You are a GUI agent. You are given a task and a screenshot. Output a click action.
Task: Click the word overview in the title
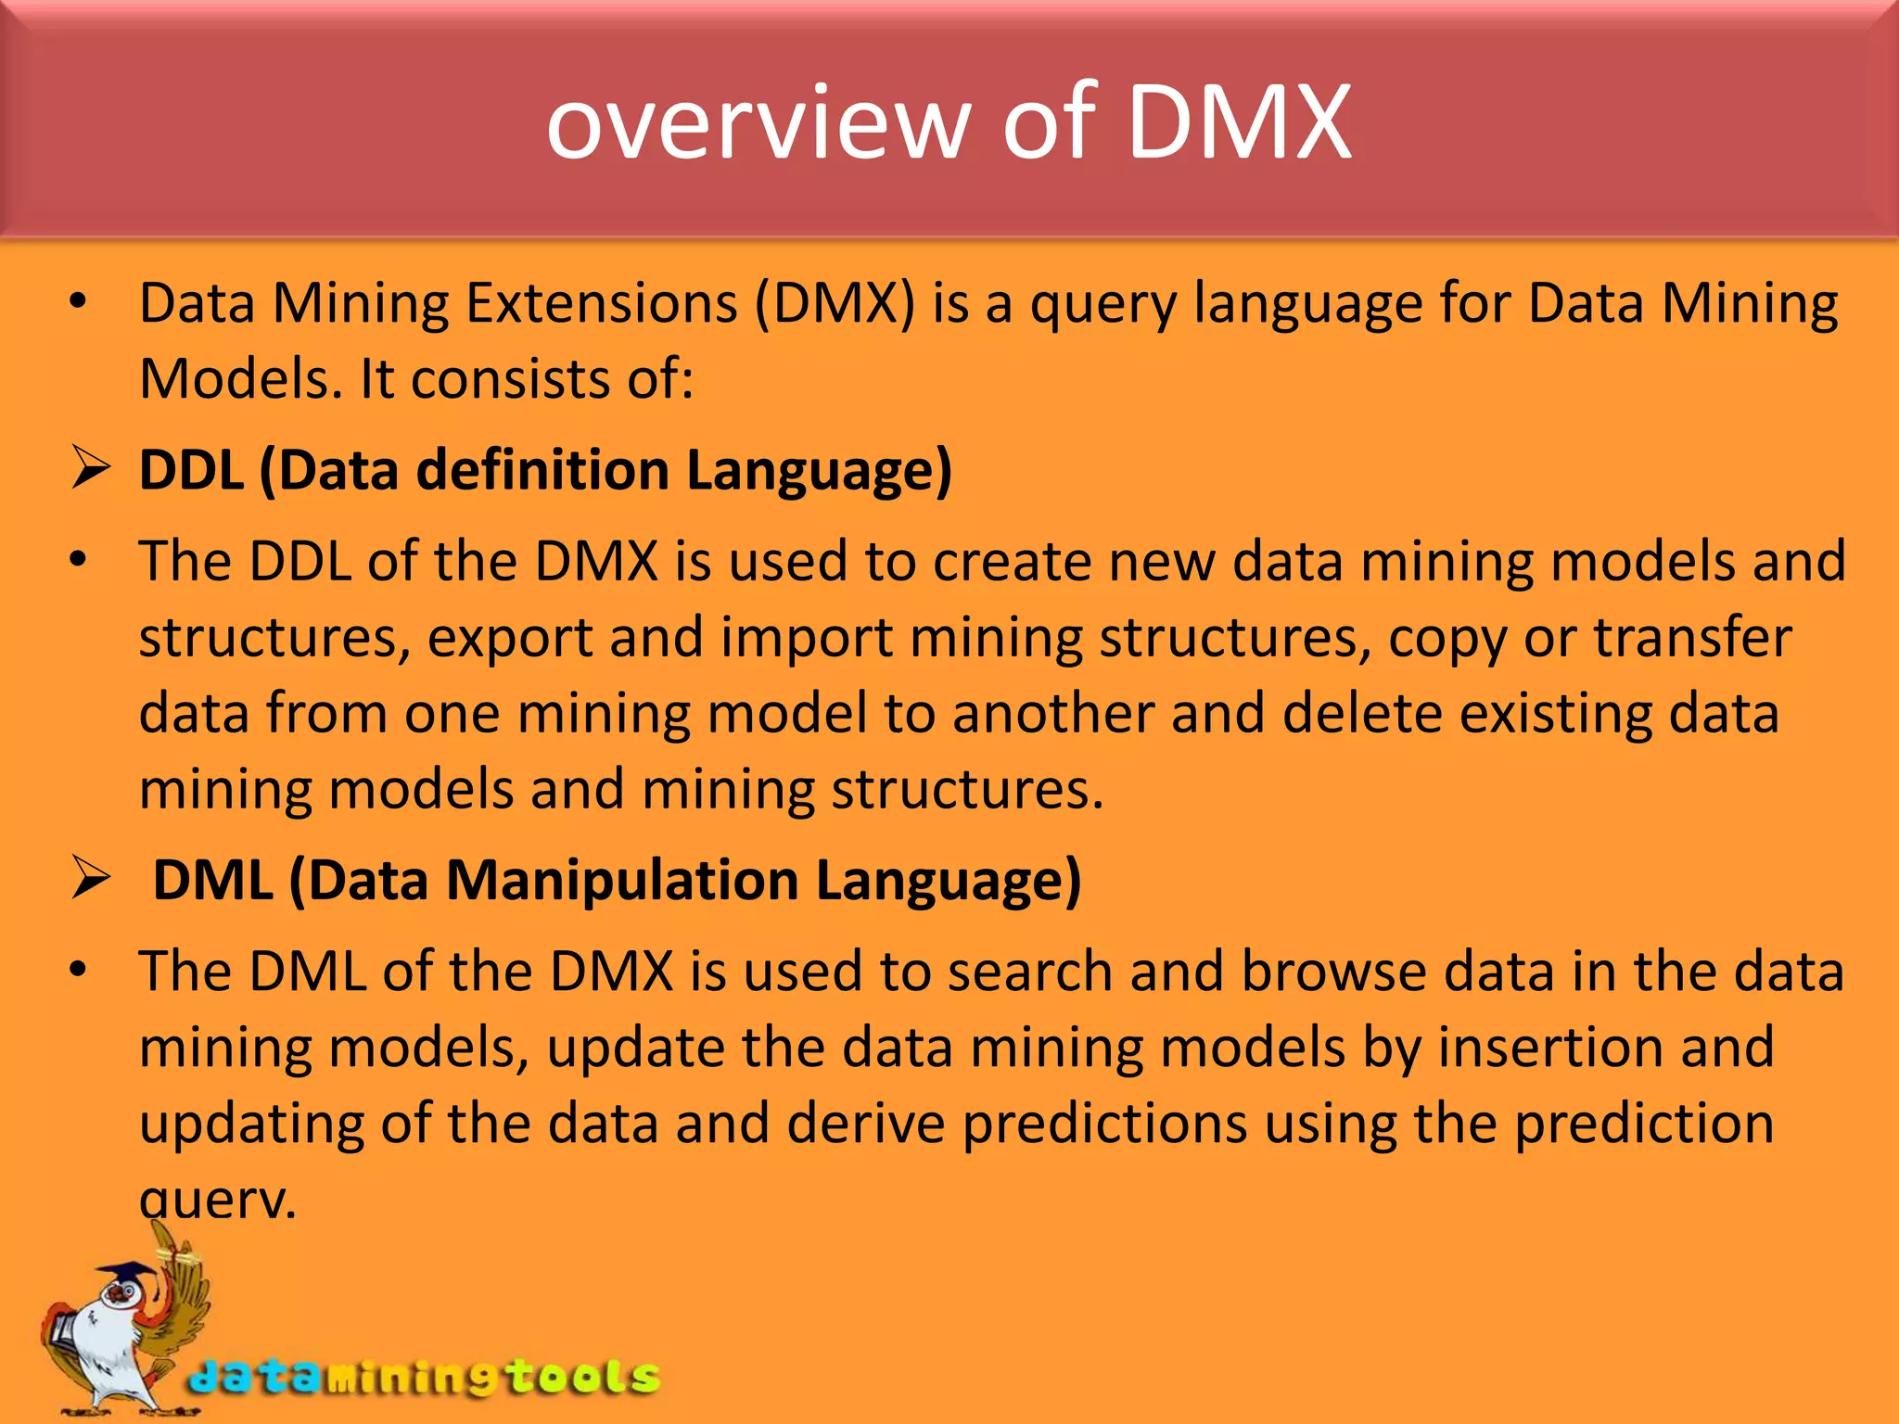[758, 123]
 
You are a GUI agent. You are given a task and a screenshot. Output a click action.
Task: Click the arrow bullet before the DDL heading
[91, 468]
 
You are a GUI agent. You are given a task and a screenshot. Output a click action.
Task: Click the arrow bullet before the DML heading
[91, 878]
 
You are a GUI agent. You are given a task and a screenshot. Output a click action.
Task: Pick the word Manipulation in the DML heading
[621, 879]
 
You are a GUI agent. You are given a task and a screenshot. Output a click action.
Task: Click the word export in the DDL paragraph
[509, 638]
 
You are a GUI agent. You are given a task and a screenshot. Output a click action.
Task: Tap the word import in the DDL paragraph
[807, 638]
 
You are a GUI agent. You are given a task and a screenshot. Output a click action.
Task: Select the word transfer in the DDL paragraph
[1692, 638]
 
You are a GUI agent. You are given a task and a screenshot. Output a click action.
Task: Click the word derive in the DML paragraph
[867, 1124]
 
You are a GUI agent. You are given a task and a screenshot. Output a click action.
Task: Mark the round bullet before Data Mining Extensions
[78, 302]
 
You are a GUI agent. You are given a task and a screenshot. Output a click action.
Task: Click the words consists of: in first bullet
[551, 379]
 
